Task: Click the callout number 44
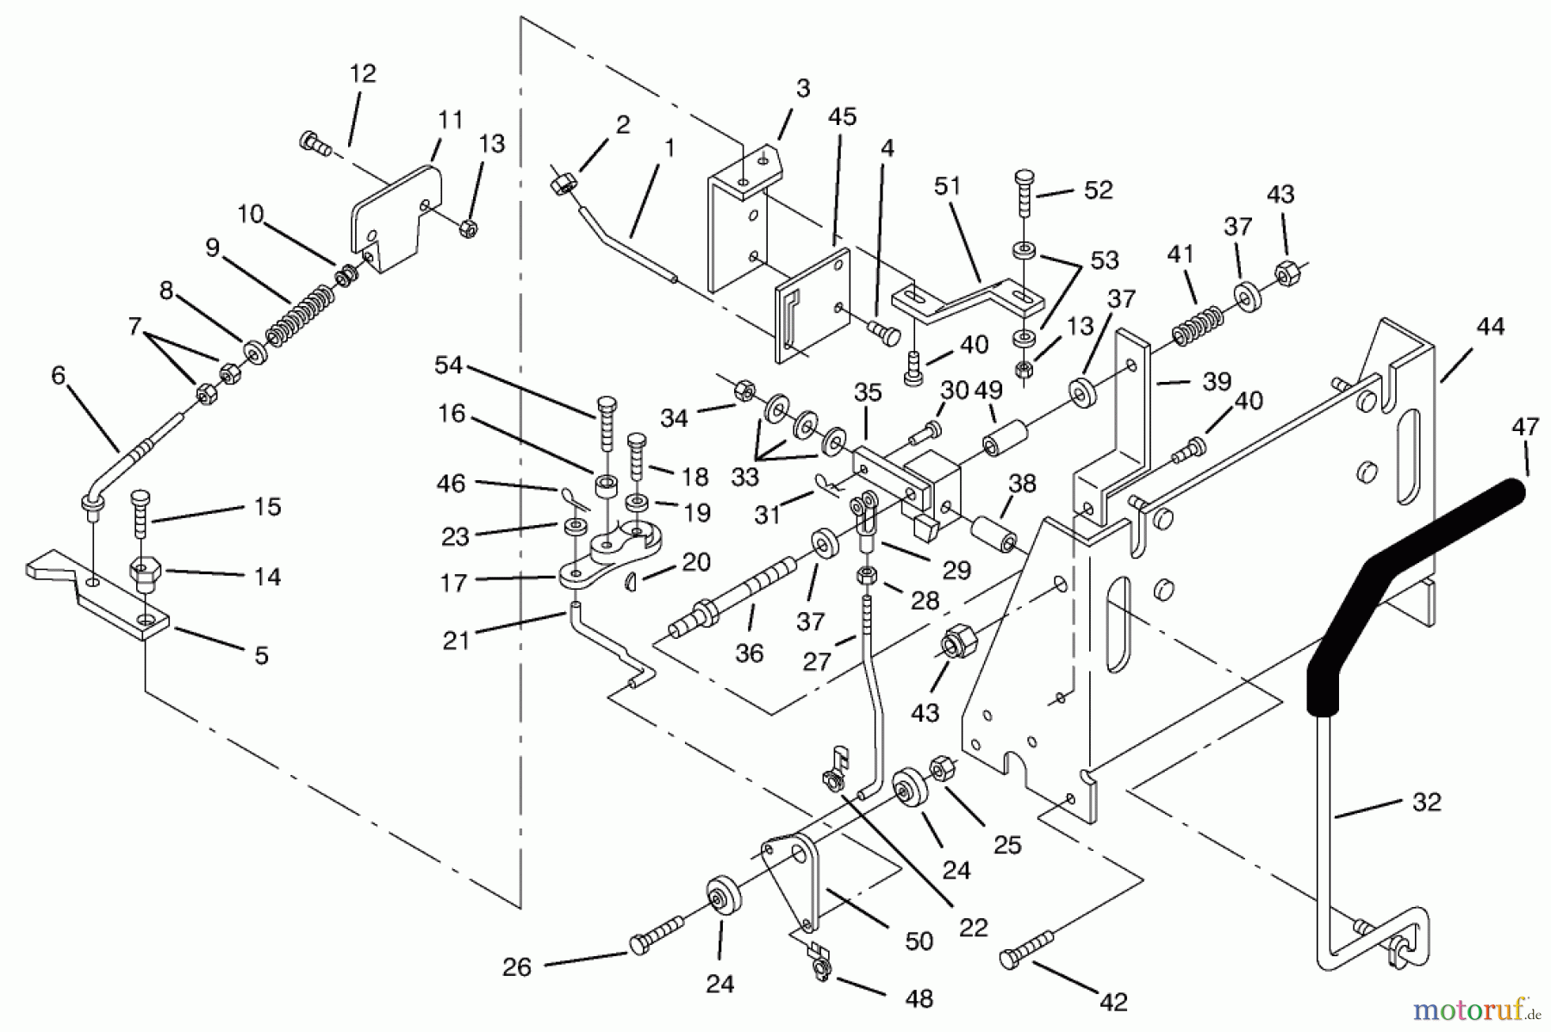click(1490, 327)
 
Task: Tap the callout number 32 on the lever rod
click(1426, 802)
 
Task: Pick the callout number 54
click(448, 366)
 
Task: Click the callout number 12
click(363, 74)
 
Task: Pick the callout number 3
click(802, 89)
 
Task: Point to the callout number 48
click(919, 998)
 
